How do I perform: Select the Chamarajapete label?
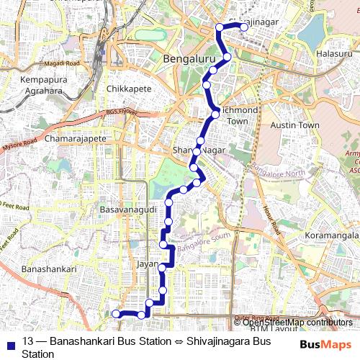click(x=76, y=138)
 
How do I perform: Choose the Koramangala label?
click(x=332, y=235)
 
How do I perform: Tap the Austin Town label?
click(x=294, y=125)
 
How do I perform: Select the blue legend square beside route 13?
click(x=8, y=343)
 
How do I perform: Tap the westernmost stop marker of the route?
click(x=115, y=314)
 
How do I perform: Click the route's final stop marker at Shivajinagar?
click(x=243, y=27)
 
